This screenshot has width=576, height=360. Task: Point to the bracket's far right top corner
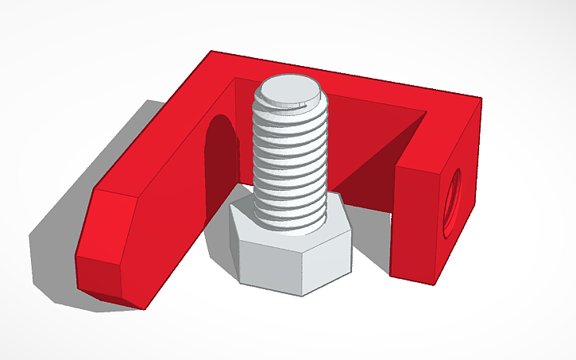click(x=480, y=99)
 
